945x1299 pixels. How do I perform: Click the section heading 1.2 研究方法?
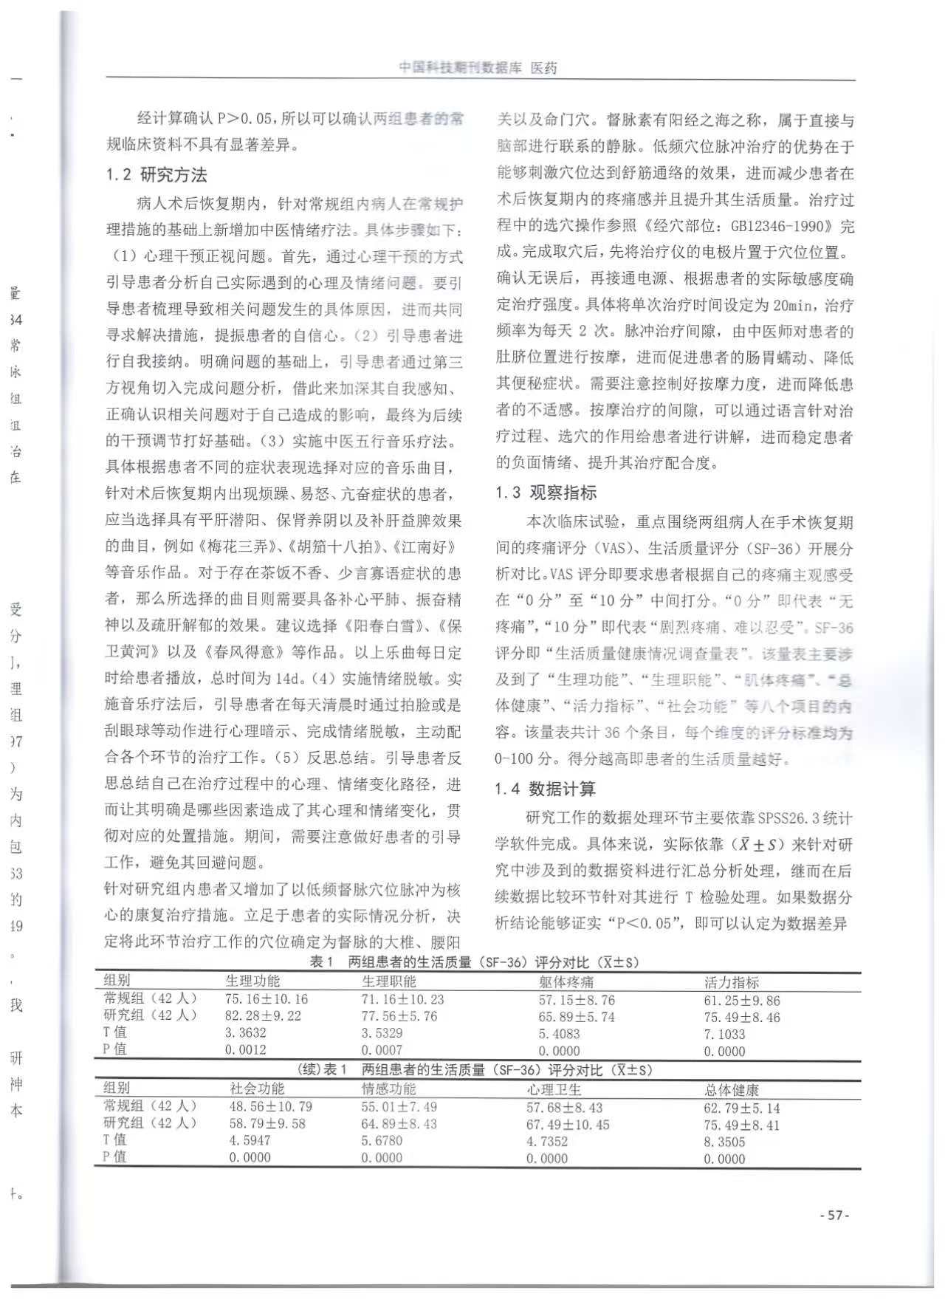[x=156, y=175]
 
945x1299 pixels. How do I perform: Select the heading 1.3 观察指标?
[x=546, y=493]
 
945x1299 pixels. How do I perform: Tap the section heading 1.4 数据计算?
[x=545, y=789]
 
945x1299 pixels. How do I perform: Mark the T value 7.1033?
[x=724, y=1034]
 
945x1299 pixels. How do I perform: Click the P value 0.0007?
[x=382, y=1049]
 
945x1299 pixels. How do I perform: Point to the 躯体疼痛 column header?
[x=566, y=982]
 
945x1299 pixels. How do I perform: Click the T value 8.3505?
[x=724, y=1142]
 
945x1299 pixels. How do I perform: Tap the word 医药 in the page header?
[x=544, y=68]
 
